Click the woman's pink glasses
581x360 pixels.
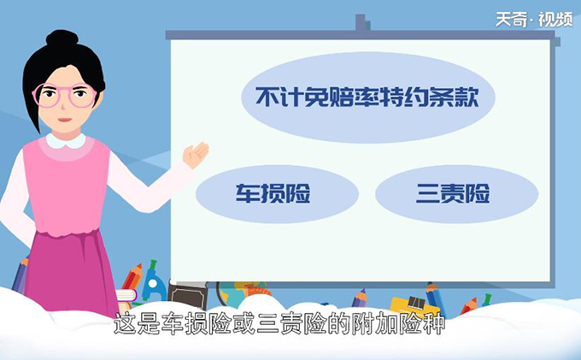pyautogui.click(x=66, y=95)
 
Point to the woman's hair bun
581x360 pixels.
pyautogui.click(x=61, y=39)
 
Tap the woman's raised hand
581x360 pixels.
pyautogui.click(x=196, y=155)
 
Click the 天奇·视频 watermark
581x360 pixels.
pyautogui.click(x=533, y=18)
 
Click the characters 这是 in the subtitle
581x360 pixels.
pyautogui.click(x=136, y=326)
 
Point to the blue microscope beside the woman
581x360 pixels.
pyautogui.click(x=153, y=282)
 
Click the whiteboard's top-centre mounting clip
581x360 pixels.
pyautogui.click(x=362, y=26)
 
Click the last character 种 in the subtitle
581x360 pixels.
pyautogui.click(x=435, y=326)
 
